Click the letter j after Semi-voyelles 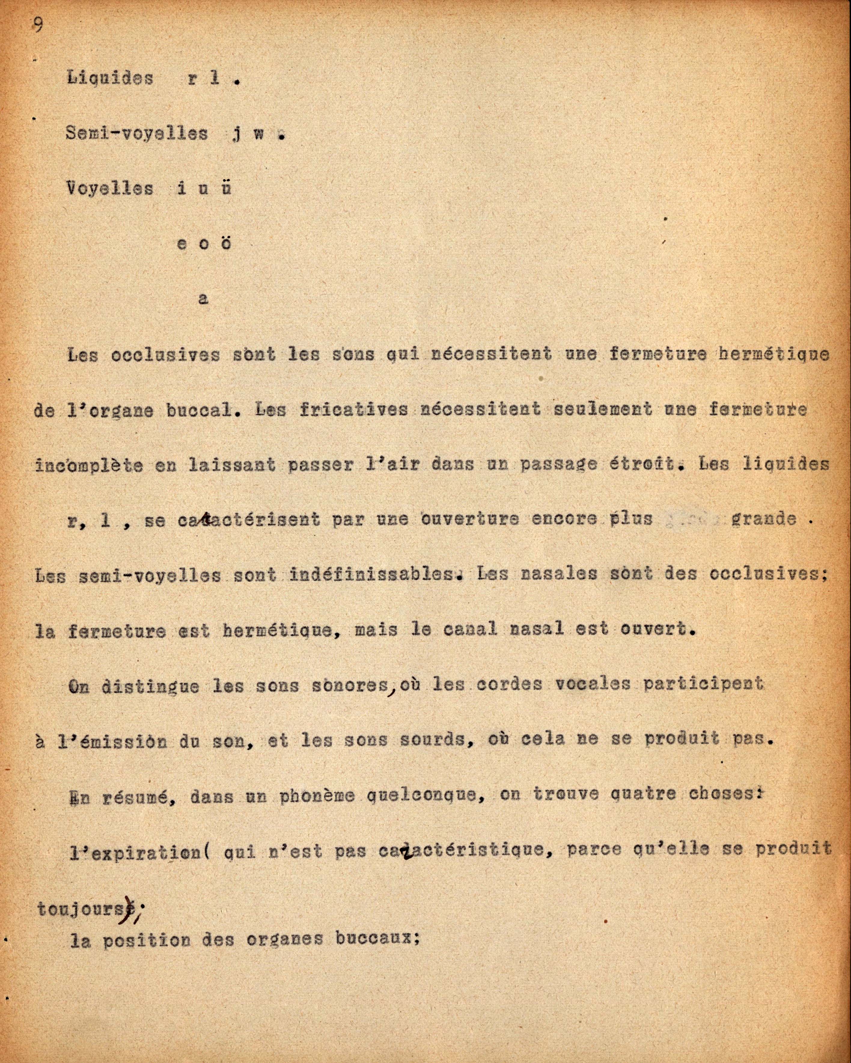pyautogui.click(x=236, y=135)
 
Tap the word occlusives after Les pyautogui.click(x=165, y=355)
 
